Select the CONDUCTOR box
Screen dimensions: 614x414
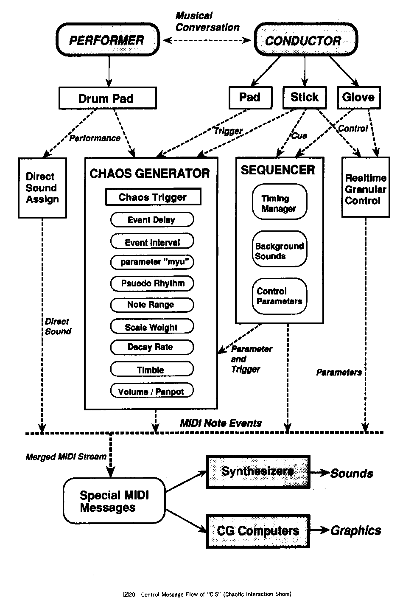[304, 41]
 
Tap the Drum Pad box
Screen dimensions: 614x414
[107, 98]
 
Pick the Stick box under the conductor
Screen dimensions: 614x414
[305, 97]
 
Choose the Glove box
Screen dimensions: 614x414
[358, 97]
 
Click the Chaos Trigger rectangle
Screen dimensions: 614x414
[153, 197]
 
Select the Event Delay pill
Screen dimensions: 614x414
[152, 220]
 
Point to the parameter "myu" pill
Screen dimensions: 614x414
[152, 262]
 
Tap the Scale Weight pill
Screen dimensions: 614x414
[152, 327]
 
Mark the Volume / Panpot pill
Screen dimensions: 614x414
[152, 391]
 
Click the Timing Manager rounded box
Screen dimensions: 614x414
[279, 203]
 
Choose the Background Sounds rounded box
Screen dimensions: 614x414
[279, 250]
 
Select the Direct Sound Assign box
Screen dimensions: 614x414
[42, 188]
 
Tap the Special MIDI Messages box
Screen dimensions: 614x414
[114, 501]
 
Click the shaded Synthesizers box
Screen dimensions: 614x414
[258, 471]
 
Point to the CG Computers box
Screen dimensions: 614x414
[258, 530]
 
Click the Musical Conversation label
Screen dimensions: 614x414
[207, 22]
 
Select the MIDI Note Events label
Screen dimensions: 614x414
[221, 423]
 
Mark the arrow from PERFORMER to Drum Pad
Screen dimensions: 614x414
[109, 71]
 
